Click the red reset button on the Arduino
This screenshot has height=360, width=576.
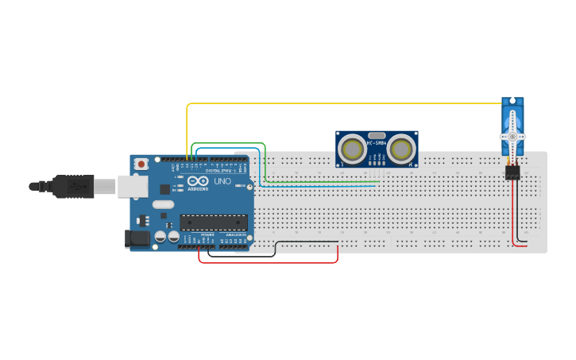pyautogui.click(x=141, y=164)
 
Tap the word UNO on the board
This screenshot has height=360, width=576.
pyautogui.click(x=222, y=181)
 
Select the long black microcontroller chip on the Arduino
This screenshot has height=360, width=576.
pyautogui.click(x=208, y=223)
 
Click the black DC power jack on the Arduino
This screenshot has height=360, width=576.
pyautogui.click(x=137, y=238)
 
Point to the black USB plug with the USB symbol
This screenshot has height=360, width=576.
pyautogui.click(x=72, y=187)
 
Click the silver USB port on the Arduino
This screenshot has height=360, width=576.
pyautogui.click(x=132, y=187)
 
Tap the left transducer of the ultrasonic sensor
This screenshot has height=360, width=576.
pyautogui.click(x=352, y=148)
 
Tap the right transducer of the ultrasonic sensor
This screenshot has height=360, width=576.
pyautogui.click(x=402, y=148)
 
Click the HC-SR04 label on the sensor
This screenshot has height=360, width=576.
pyautogui.click(x=377, y=144)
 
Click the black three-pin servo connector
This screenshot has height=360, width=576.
pyautogui.click(x=513, y=172)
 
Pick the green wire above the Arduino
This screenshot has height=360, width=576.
pyautogui.click(x=230, y=144)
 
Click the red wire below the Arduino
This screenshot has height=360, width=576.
pyautogui.click(x=270, y=262)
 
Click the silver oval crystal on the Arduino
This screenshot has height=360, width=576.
pyautogui.click(x=163, y=204)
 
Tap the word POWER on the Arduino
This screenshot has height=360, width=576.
pyautogui.click(x=207, y=235)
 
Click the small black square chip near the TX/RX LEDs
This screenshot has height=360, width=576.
pyautogui.click(x=164, y=189)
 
